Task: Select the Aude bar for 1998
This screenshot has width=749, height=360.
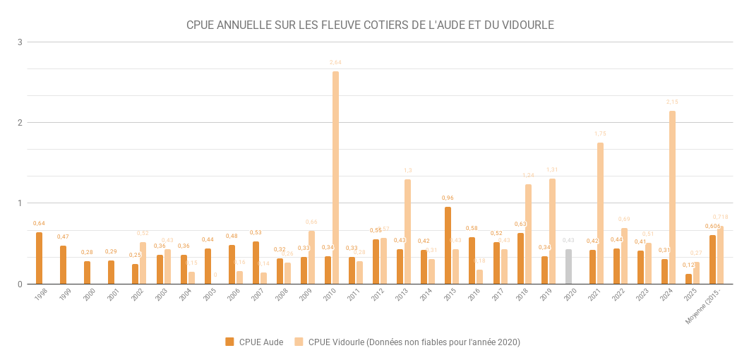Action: (40, 258)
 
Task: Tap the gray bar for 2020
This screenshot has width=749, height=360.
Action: (568, 267)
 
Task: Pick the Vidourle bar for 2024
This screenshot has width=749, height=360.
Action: (672, 198)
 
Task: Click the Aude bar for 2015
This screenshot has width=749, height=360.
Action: (448, 246)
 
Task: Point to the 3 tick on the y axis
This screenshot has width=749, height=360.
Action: (20, 42)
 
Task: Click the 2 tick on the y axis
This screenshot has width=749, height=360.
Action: (20, 123)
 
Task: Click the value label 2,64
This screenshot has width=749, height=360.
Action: (335, 63)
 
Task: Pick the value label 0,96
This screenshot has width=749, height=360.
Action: (448, 198)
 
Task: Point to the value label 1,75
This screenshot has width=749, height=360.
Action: (600, 134)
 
